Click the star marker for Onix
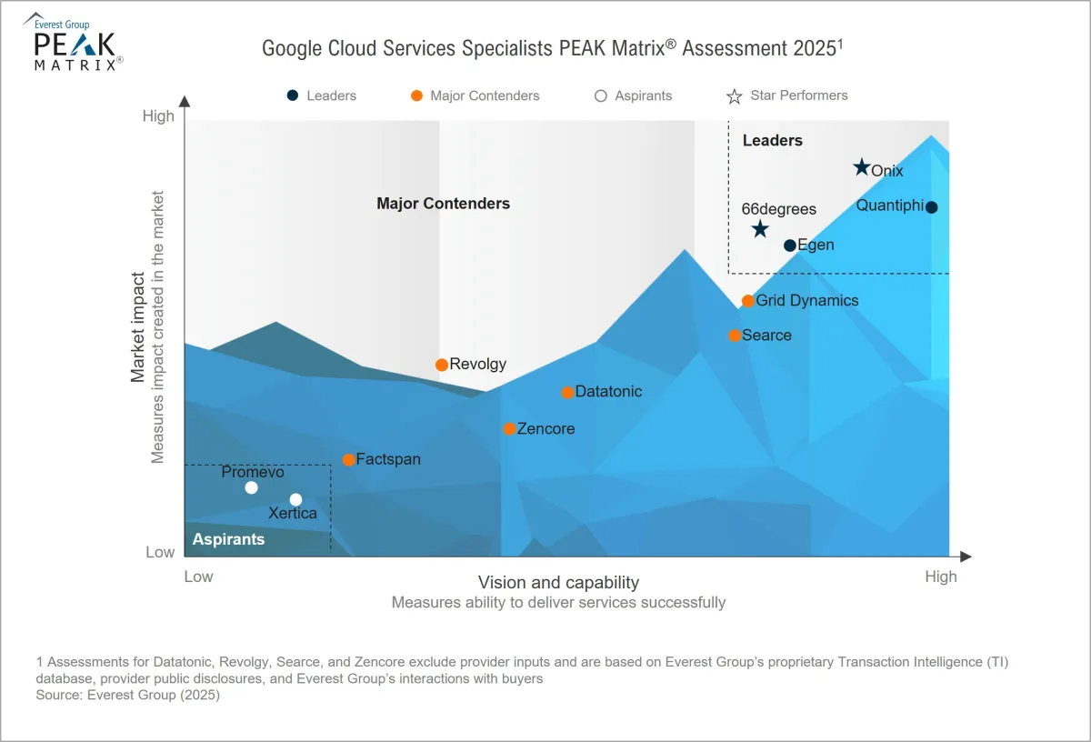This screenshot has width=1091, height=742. [862, 167]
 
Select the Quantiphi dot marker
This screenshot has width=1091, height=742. [931, 207]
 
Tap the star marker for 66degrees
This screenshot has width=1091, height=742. [760, 229]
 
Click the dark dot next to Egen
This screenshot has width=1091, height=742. [790, 246]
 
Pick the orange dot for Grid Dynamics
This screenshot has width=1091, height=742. [748, 301]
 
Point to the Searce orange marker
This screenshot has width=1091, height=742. [735, 336]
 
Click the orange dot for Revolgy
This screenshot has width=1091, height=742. [442, 365]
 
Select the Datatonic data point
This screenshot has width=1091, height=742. [568, 393]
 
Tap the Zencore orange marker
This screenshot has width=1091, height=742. [509, 429]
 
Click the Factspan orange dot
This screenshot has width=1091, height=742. [348, 460]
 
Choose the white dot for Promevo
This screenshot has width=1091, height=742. [252, 488]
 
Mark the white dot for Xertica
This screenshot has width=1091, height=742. [295, 500]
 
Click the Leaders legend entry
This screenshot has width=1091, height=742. [323, 95]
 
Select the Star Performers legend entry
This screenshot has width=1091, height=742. [787, 95]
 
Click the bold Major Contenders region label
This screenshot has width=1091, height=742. [443, 204]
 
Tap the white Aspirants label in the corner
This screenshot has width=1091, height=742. [228, 539]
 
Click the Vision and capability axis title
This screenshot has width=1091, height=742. [558, 583]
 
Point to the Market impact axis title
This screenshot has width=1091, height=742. [138, 327]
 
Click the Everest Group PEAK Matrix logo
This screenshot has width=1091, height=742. [76, 42]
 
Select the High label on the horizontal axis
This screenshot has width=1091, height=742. [941, 577]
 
